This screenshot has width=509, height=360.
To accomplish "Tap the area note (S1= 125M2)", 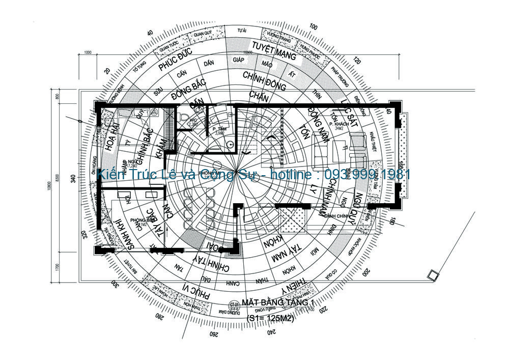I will (x=270, y=318).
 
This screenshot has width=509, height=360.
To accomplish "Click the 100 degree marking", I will (x=313, y=26).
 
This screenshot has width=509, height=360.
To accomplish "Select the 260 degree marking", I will (x=213, y=335).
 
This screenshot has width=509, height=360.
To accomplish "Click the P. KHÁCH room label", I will (x=337, y=124).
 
